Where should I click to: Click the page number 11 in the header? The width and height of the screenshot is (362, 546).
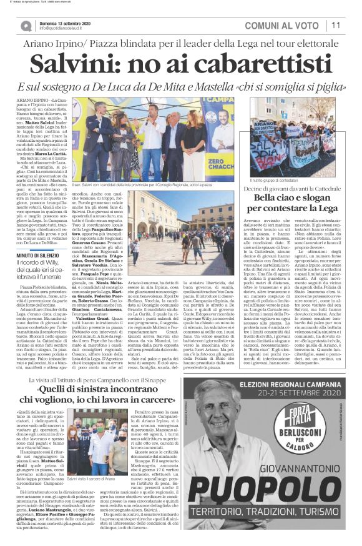(336, 25)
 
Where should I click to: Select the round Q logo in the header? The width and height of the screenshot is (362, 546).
(26, 26)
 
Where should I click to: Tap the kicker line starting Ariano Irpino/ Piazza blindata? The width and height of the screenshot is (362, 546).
(180, 45)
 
